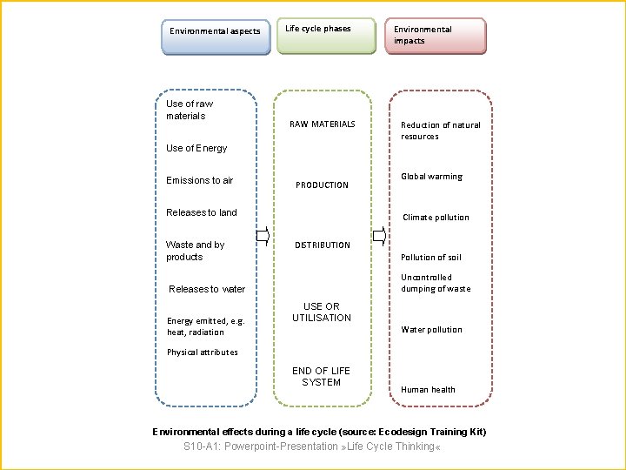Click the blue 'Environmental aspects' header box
tap(215, 37)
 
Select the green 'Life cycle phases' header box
tap(326, 36)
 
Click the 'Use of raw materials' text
tap(189, 110)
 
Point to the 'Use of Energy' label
tap(196, 148)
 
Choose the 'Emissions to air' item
tap(200, 180)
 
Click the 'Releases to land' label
tap(202, 212)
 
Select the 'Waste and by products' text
tap(195, 251)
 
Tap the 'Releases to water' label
tap(207, 289)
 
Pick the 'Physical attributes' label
tap(202, 352)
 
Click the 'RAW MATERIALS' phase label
tap(322, 124)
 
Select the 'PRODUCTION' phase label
tap(322, 185)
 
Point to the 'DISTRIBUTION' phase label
tap(322, 245)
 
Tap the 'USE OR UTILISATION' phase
tap(322, 312)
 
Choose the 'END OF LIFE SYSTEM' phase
tap(322, 377)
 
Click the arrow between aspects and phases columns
tap(263, 234)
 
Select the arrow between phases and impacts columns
tap(380, 234)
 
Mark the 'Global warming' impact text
tap(431, 177)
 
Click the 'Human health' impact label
tap(428, 390)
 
